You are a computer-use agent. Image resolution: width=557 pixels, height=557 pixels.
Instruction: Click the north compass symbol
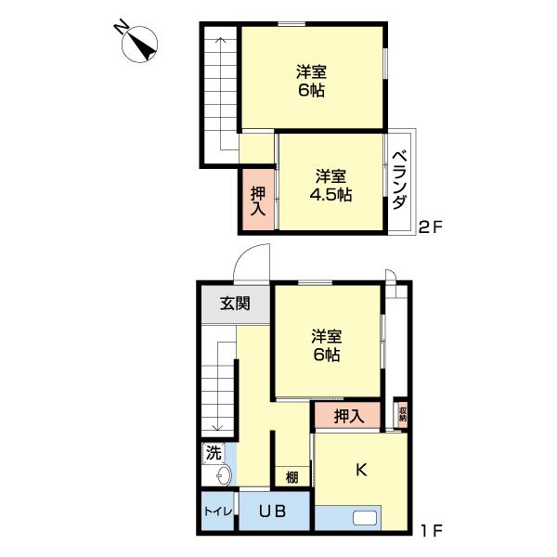(139, 45)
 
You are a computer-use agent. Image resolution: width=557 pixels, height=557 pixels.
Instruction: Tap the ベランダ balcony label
(400, 180)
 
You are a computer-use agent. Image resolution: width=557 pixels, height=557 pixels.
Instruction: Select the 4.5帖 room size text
(330, 195)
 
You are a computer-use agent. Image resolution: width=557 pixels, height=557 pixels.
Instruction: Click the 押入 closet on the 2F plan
(258, 200)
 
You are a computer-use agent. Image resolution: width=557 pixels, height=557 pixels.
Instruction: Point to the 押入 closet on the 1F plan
(348, 416)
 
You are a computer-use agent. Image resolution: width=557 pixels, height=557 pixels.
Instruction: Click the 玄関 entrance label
(235, 304)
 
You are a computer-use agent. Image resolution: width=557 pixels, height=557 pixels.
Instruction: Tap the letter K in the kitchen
(361, 470)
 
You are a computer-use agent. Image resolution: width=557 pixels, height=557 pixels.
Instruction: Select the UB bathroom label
(272, 512)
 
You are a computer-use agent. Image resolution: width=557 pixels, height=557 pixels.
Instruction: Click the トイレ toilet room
(218, 512)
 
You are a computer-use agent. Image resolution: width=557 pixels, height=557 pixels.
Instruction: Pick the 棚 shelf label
(292, 477)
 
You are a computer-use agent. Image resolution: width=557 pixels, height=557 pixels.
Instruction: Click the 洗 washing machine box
(214, 453)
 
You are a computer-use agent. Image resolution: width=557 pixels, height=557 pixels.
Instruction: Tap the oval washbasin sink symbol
(224, 475)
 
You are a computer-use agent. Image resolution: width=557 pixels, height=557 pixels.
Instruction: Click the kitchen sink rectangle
(365, 518)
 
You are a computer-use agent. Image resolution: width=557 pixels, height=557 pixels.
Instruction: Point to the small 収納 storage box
(402, 414)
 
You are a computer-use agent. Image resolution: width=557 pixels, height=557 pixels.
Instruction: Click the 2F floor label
(431, 227)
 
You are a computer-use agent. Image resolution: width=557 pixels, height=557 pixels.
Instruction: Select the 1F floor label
(432, 531)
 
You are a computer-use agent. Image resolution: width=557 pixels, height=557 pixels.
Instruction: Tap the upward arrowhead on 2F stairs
(221, 40)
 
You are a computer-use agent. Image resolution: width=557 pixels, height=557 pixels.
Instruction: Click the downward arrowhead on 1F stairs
(217, 427)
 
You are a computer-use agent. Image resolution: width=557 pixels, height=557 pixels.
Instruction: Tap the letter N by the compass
(122, 27)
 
